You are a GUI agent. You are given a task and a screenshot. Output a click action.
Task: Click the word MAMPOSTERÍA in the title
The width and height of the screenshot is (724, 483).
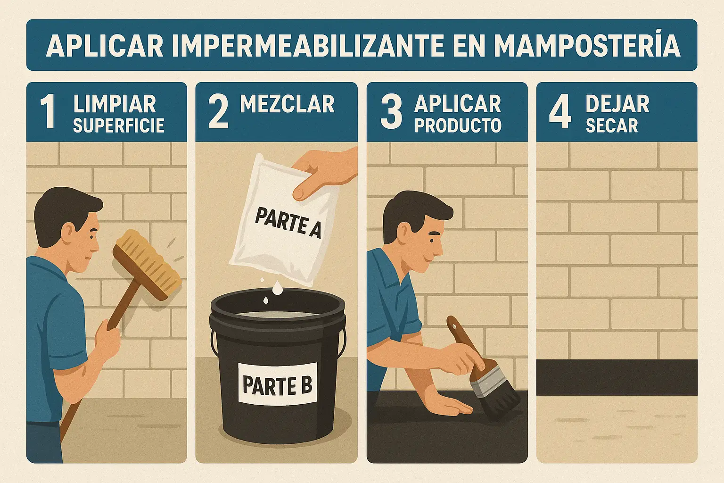pyautogui.click(x=587, y=46)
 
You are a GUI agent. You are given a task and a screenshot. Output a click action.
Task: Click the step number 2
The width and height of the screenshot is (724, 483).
pyautogui.click(x=219, y=112)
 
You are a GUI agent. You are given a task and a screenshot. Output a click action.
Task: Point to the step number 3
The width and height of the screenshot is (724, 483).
pyautogui.click(x=391, y=112)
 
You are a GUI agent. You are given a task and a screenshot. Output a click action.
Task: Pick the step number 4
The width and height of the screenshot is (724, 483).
pyautogui.click(x=560, y=112)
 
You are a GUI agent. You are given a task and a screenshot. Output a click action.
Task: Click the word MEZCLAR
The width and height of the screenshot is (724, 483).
pyautogui.click(x=287, y=104)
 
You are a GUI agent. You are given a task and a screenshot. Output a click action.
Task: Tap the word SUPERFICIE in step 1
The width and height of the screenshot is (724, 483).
pyautogui.click(x=119, y=125)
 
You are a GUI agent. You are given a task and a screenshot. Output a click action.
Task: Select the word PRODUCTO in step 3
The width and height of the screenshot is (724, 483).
pyautogui.click(x=458, y=125)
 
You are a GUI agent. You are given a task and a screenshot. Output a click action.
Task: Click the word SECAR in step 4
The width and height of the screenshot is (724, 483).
pyautogui.click(x=612, y=125)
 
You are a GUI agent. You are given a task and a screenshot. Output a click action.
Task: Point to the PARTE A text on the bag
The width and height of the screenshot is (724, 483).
pyautogui.click(x=288, y=222)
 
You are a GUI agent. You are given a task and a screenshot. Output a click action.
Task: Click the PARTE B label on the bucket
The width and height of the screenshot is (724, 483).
pyautogui.click(x=277, y=384)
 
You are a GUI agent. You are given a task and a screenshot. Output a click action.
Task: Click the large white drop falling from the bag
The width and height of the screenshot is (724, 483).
pyautogui.click(x=277, y=288)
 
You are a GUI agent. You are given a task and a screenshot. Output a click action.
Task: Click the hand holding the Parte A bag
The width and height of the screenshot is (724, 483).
pyautogui.click(x=323, y=173)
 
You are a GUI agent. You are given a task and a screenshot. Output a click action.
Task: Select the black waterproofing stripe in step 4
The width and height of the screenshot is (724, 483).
pyautogui.click(x=617, y=377)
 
